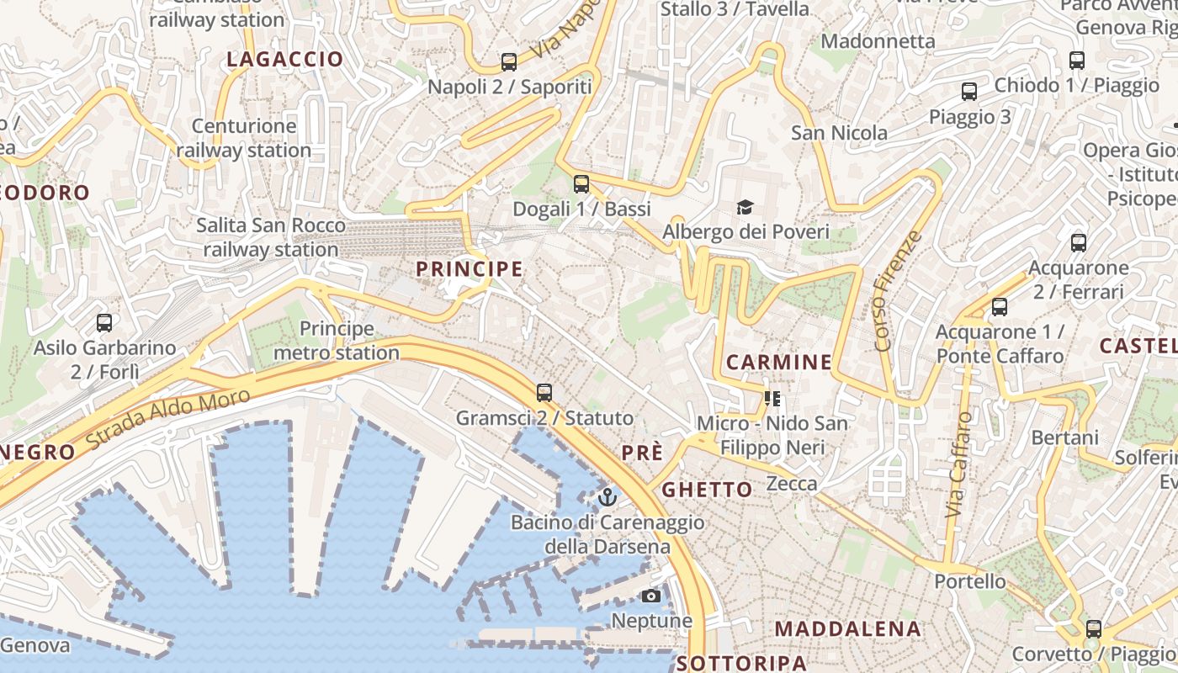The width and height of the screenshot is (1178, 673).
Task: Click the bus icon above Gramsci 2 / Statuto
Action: pyautogui.click(x=544, y=392)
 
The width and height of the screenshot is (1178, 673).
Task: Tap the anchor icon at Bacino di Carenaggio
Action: pyautogui.click(x=607, y=497)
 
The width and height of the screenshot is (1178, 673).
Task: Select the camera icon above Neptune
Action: pyautogui.click(x=650, y=596)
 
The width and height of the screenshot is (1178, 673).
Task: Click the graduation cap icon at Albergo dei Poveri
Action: pyautogui.click(x=745, y=207)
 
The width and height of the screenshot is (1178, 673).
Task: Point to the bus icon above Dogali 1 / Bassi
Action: pyautogui.click(x=581, y=184)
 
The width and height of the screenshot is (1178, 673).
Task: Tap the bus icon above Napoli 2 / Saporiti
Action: pyautogui.click(x=509, y=61)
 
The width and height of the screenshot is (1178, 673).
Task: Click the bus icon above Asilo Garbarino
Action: pyautogui.click(x=104, y=322)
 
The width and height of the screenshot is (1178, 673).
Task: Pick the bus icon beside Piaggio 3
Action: pyautogui.click(x=969, y=92)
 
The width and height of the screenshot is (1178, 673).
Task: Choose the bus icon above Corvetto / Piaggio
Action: pyautogui.click(x=1094, y=628)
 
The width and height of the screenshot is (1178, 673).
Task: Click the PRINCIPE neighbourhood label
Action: pyautogui.click(x=470, y=269)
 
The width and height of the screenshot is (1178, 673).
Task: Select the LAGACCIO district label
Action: pyautogui.click(x=285, y=59)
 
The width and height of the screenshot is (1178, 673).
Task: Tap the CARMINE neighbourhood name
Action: pyautogui.click(x=778, y=363)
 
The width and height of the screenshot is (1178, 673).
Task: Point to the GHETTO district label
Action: pyautogui.click(x=707, y=490)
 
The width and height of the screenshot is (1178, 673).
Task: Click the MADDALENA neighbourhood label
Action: pyautogui.click(x=847, y=629)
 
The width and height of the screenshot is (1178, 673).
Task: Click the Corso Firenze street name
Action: pyautogui.click(x=898, y=290)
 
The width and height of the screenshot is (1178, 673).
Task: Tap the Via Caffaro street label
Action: pyautogui.click(x=959, y=464)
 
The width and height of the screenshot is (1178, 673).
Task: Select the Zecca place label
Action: pyautogui.click(x=792, y=484)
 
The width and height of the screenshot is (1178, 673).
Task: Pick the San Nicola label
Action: pyautogui.click(x=839, y=133)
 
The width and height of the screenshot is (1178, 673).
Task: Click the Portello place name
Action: pyautogui.click(x=969, y=581)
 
